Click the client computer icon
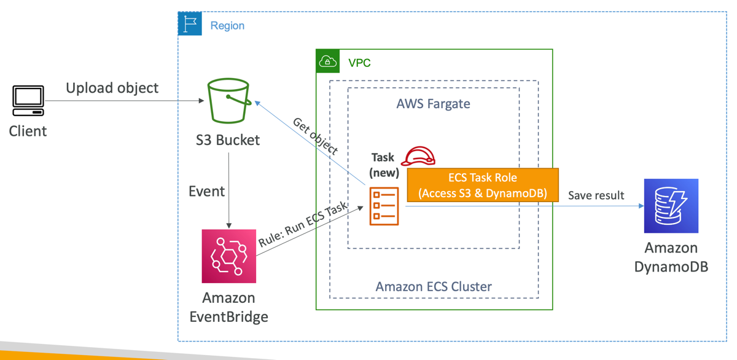point(28,101)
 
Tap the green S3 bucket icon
point(228,101)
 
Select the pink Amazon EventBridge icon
point(228,256)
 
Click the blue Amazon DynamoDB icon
point(671,206)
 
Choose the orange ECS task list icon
point(384,206)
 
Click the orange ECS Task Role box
point(483,186)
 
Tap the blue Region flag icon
point(190,24)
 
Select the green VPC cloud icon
point(328,61)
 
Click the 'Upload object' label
point(112,88)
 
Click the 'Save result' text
point(596,195)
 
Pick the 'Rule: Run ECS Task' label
point(304,224)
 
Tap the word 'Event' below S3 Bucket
point(206,191)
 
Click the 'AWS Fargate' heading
point(434,103)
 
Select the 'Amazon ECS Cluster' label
point(434,286)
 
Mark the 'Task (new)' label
point(383,165)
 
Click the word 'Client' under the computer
point(28,131)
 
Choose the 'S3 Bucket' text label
point(228,140)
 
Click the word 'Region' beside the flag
point(227,26)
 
